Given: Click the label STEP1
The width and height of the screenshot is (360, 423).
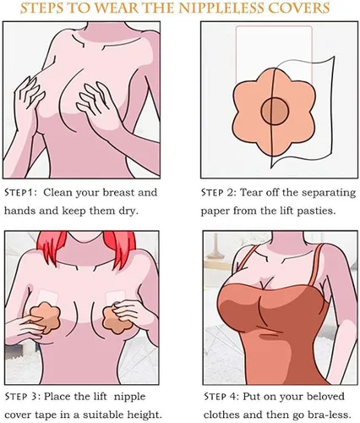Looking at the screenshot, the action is (20, 193).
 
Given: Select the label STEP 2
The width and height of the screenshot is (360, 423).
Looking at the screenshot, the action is (218, 193).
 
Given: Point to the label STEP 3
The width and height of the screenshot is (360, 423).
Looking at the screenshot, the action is (22, 397).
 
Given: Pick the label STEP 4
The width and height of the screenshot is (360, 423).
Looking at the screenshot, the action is (221, 397).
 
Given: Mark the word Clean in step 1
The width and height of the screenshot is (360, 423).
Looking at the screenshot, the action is (57, 193).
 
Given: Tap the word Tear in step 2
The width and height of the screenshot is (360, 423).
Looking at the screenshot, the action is (249, 193).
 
